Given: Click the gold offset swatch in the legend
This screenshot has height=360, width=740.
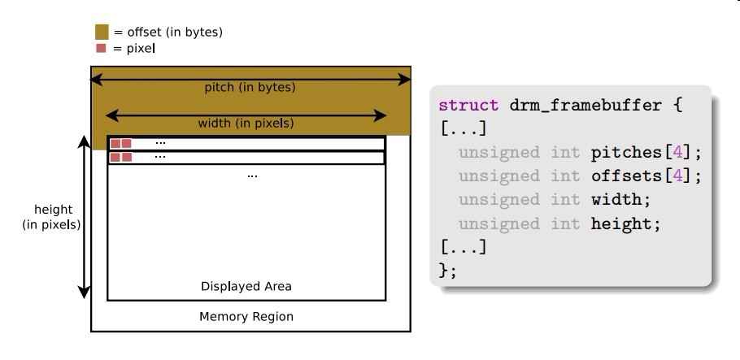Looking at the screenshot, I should coord(102,33).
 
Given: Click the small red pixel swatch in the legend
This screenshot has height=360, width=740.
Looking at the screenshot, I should coord(102,49).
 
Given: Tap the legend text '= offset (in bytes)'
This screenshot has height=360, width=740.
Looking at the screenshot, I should coord(168,33).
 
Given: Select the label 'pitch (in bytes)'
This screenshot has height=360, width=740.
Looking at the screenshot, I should coord(250,87).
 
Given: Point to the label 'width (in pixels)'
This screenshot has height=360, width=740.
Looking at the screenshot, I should coord(246,124).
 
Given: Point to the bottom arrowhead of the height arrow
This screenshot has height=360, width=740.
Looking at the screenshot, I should coord(83,292).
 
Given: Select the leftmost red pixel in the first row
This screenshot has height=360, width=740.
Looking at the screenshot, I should coord(115,144).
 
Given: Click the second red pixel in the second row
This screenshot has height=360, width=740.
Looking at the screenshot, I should coord(127,157).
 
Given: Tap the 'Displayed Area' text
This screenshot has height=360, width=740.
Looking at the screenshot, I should coord(246,286).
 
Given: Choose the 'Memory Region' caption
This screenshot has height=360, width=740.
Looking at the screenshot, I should coord(246,316).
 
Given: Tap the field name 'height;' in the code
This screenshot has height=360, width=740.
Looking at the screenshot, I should coord(622,223).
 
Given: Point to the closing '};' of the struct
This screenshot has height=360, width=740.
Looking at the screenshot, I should coord(447,271).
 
